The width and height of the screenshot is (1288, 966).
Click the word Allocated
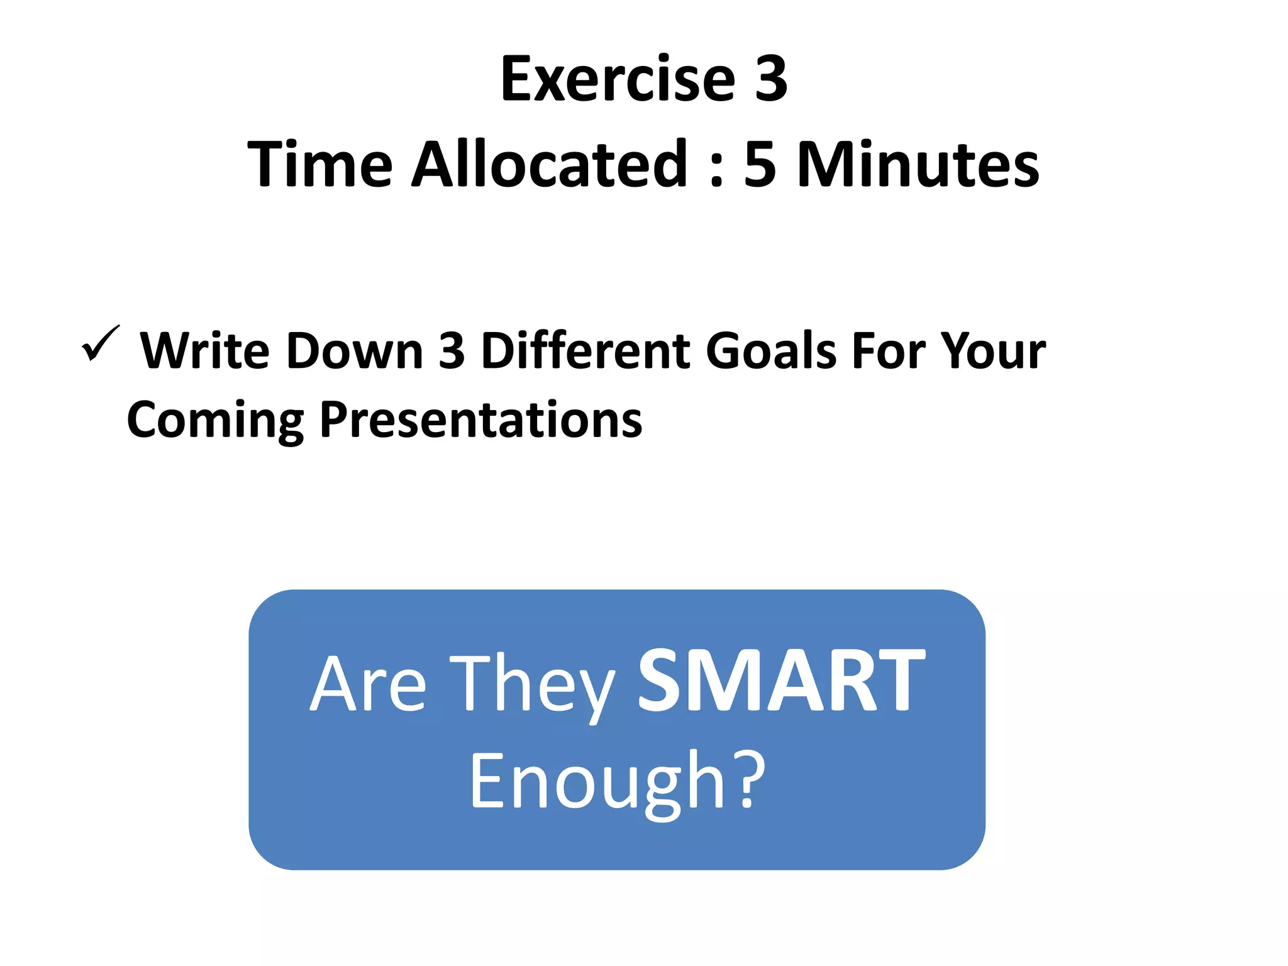point(550,165)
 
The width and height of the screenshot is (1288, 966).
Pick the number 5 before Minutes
point(760,165)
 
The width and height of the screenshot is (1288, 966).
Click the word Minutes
point(918,165)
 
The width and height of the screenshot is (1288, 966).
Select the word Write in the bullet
point(205,350)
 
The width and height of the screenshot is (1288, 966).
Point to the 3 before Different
point(451,350)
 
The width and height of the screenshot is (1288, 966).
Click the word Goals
point(770,350)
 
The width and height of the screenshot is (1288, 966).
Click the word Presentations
point(480,420)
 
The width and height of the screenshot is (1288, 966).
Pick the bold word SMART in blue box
point(781,682)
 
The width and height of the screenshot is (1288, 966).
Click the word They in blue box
point(531,686)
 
